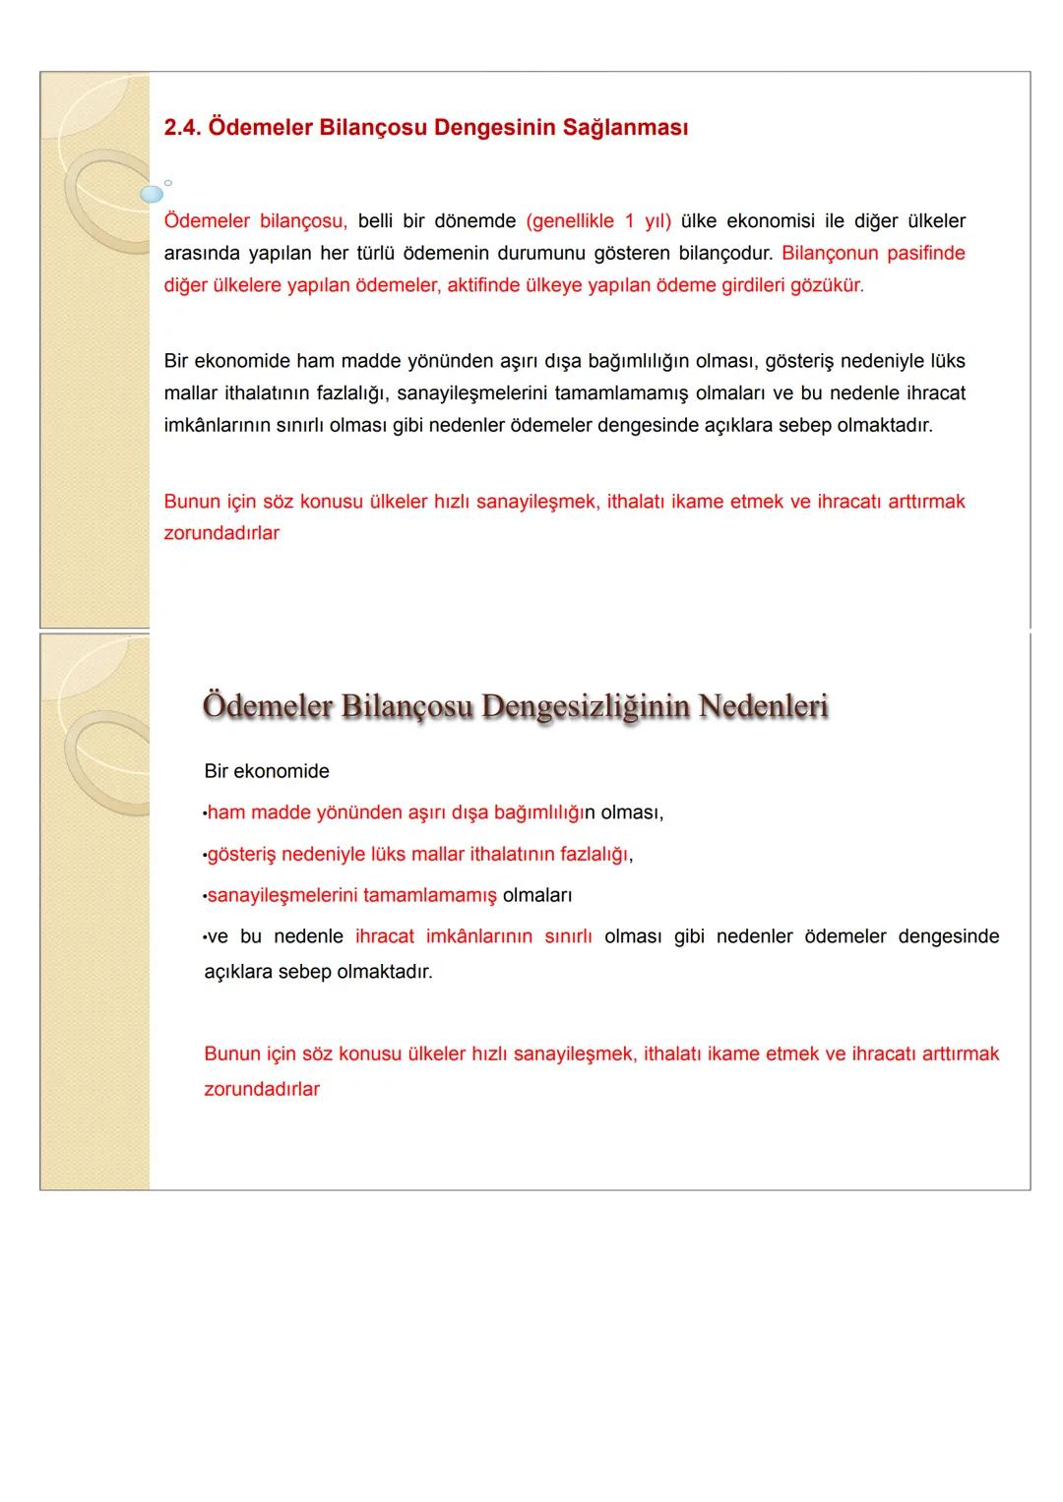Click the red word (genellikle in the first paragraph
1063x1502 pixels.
(571, 221)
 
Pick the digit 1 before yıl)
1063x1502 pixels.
(630, 221)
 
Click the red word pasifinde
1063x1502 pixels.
(925, 254)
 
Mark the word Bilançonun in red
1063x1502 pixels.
(829, 254)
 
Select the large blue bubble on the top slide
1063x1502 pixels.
(151, 194)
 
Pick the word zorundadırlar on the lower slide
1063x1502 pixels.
(262, 1090)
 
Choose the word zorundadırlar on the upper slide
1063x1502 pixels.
(221, 533)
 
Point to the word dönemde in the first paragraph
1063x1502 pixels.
(474, 221)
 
